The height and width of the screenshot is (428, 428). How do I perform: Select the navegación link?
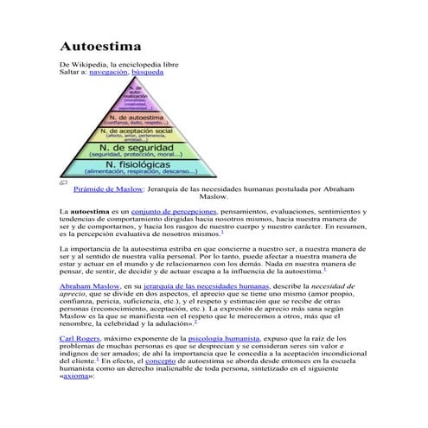click(x=114, y=74)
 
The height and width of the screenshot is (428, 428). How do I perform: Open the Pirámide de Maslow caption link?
click(x=109, y=188)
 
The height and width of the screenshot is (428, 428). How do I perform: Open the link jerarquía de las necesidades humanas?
click(x=205, y=284)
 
